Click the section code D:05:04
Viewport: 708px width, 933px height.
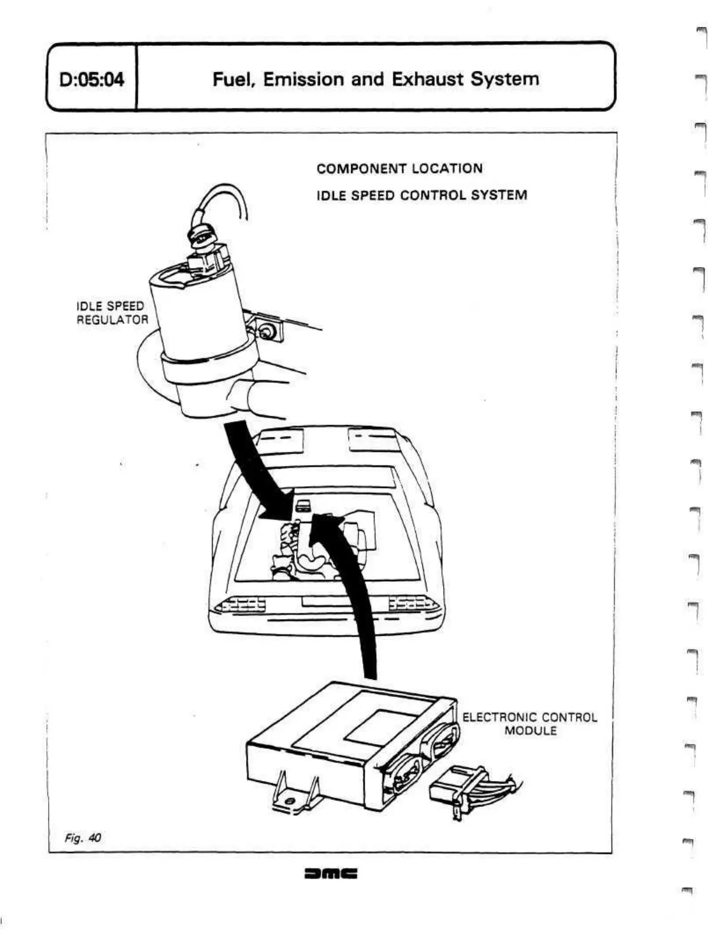point(92,79)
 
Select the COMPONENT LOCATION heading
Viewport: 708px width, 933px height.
point(399,169)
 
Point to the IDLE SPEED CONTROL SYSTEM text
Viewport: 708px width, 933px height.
point(421,195)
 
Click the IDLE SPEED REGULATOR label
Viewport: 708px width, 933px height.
point(111,313)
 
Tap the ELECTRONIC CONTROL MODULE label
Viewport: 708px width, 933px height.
point(529,724)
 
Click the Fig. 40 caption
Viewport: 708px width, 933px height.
point(83,837)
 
